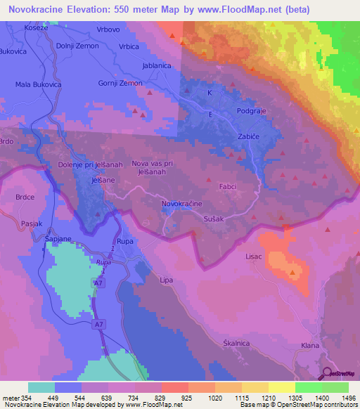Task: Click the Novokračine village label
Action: [182, 203]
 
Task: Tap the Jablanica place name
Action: [157, 65]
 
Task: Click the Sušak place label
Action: [213, 219]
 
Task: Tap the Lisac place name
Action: [253, 257]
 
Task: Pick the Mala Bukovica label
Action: [39, 84]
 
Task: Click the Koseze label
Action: [35, 27]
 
